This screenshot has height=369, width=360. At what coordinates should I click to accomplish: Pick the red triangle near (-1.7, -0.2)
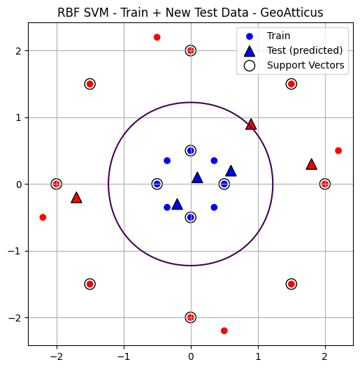[x=76, y=198]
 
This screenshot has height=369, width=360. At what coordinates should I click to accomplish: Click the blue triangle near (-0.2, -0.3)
[x=177, y=204]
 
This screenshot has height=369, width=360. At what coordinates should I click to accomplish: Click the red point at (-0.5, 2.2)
[x=157, y=37]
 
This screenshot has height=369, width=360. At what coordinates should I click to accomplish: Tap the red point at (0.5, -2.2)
[x=224, y=331]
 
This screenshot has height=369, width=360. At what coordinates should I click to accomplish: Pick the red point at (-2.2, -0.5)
[x=43, y=217]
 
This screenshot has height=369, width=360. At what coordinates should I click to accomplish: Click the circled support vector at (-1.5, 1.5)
[x=89, y=84]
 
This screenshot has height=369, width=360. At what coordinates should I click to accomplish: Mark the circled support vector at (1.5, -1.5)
[x=291, y=284]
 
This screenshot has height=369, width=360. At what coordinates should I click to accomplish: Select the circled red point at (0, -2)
[x=190, y=317]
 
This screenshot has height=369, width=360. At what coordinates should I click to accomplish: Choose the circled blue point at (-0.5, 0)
[x=157, y=184]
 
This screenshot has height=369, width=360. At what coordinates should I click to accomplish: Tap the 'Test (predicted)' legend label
[x=303, y=50]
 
